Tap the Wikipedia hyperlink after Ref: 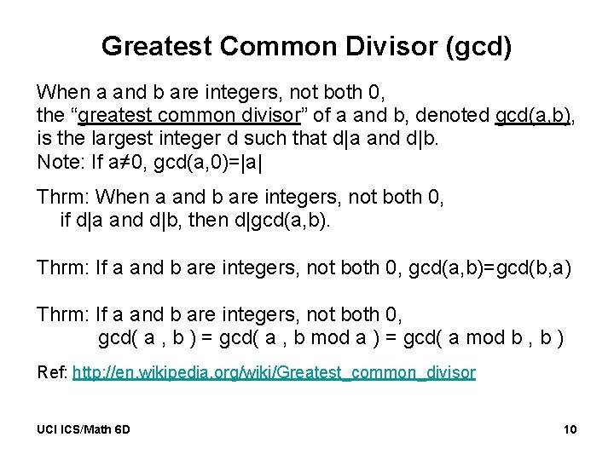pyautogui.click(x=274, y=372)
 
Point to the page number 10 pyautogui.click(x=570, y=429)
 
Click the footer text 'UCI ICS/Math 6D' pyautogui.click(x=84, y=429)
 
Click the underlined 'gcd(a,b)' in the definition pyautogui.click(x=533, y=115)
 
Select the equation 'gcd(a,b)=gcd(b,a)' pyautogui.click(x=490, y=267)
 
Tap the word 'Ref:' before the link pyautogui.click(x=53, y=372)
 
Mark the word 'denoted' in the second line pyautogui.click(x=457, y=115)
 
